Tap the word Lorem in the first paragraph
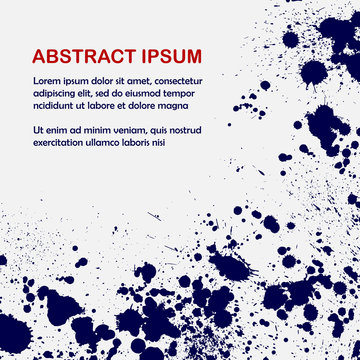pyautogui.click(x=47, y=80)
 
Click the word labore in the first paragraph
pyautogui.click(x=114, y=104)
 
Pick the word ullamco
pyautogui.click(x=113, y=142)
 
